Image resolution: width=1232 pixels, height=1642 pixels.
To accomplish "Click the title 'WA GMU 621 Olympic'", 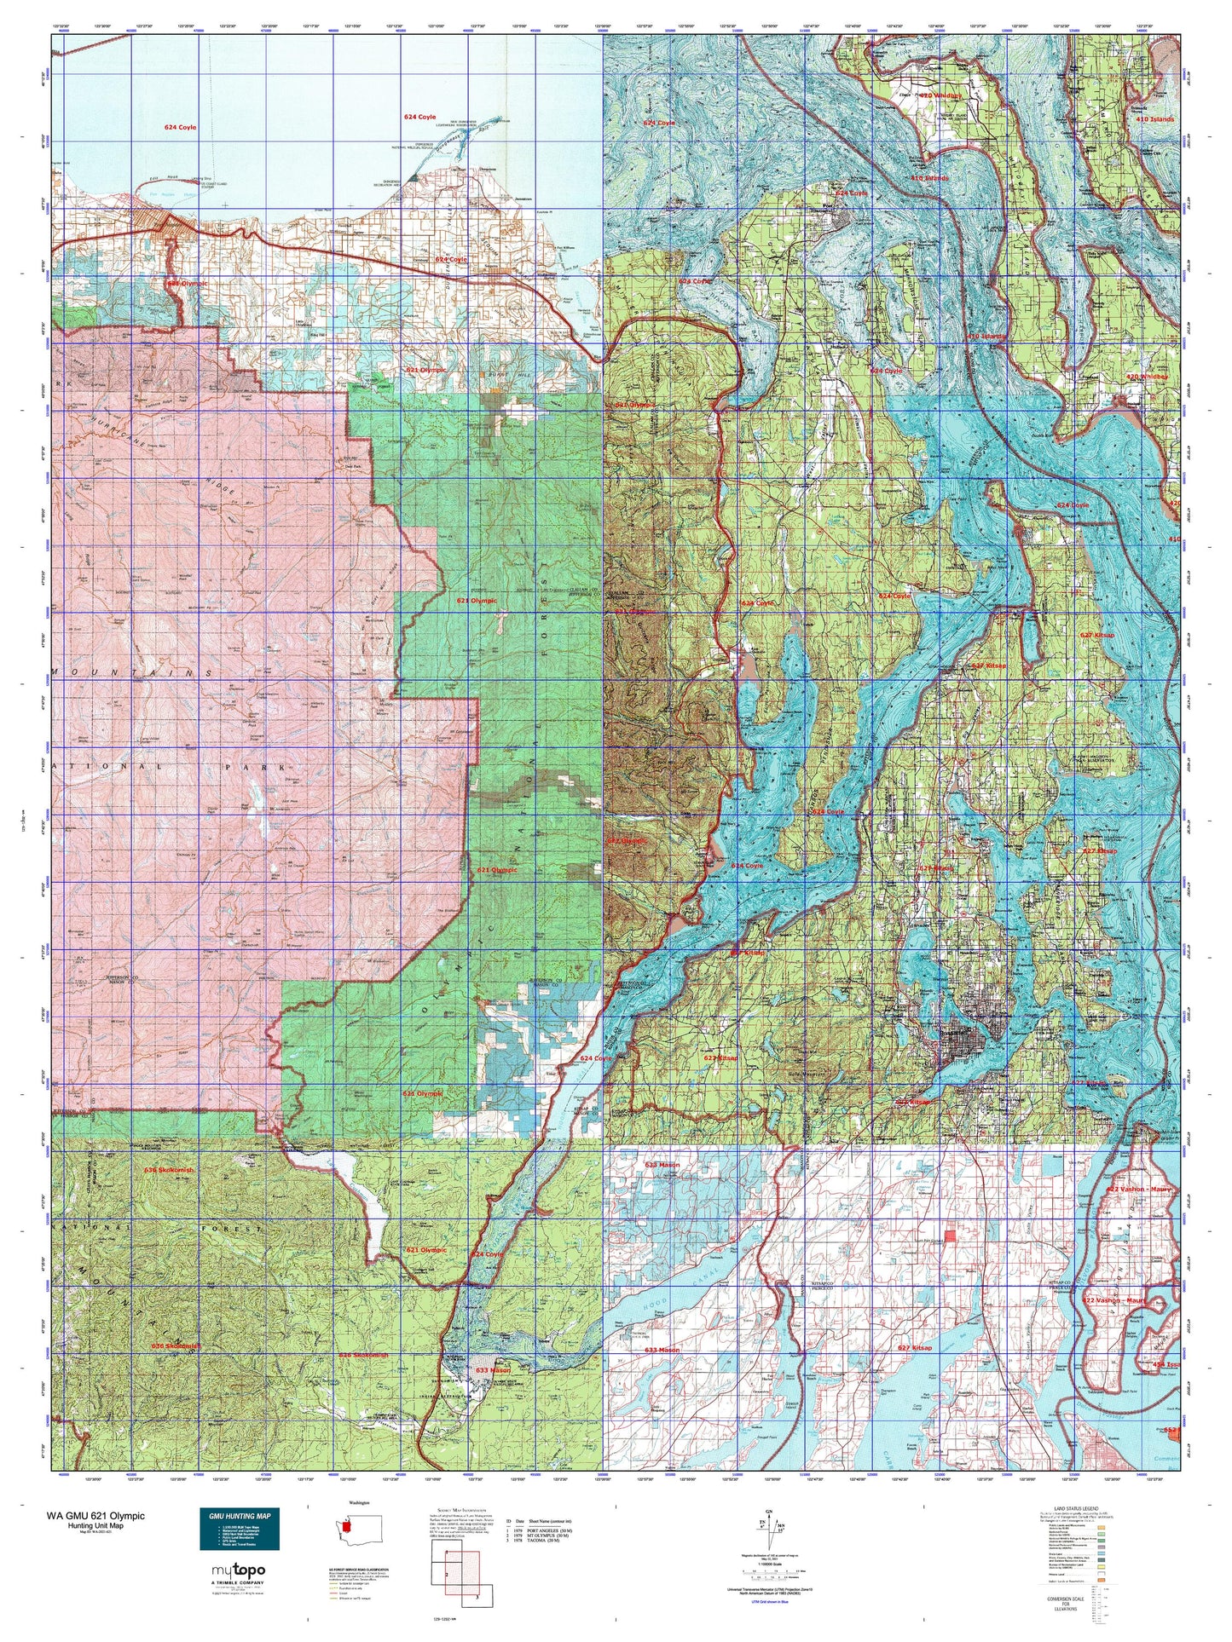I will click(x=95, y=1516).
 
